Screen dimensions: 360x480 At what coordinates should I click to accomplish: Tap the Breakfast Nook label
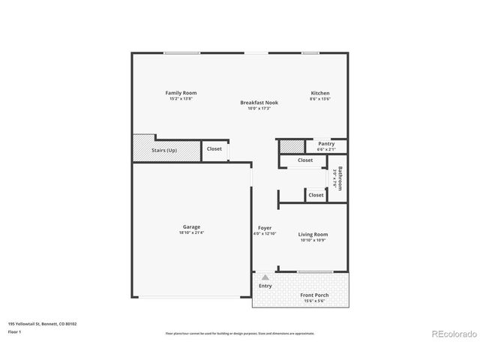(259, 102)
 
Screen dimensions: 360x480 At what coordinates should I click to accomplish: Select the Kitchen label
(320, 93)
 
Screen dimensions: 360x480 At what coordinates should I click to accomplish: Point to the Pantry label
(325, 143)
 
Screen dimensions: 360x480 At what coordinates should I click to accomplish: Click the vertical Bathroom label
(340, 178)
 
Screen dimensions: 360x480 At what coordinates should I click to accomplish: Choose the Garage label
(191, 226)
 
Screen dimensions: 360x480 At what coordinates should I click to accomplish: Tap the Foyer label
(265, 227)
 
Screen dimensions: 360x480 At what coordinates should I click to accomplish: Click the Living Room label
(313, 234)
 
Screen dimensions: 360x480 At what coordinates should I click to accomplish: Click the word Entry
(265, 286)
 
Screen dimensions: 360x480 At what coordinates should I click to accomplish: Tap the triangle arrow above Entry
(265, 277)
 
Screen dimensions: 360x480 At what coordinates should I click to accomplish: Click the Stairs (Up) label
(164, 150)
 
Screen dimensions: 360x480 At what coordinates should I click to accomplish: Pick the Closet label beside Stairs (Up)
(214, 149)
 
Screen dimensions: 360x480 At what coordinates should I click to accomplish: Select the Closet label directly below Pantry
(305, 160)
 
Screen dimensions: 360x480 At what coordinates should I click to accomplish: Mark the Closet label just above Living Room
(316, 195)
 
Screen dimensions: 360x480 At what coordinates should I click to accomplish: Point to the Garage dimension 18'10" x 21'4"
(191, 232)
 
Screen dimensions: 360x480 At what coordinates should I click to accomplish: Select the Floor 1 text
(15, 331)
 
